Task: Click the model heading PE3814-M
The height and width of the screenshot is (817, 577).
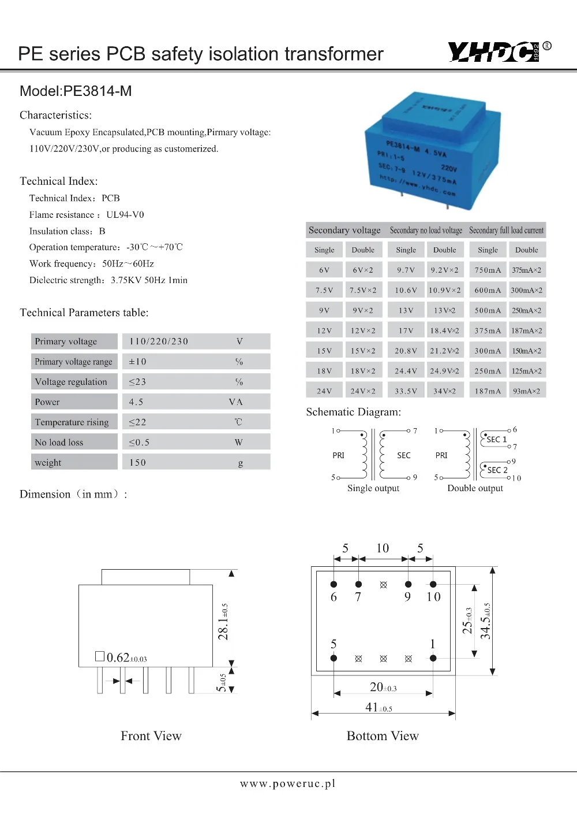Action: coord(76,91)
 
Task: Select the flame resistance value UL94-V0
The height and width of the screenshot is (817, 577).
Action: coord(125,215)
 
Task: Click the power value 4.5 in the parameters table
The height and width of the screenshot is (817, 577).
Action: coord(136,402)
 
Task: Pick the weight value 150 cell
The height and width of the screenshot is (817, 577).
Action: coord(138,463)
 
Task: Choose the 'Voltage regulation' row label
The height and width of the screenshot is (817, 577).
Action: coord(71,382)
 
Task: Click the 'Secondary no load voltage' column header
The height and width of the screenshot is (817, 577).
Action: coord(426,231)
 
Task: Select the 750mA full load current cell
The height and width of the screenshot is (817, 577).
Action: coord(488,270)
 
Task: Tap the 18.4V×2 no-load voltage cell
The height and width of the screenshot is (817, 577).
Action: coord(444,331)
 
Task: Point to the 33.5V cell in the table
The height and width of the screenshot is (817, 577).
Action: coord(406,392)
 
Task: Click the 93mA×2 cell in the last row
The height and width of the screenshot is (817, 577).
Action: coord(526,392)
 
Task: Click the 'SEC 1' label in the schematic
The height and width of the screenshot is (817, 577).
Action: coord(496,440)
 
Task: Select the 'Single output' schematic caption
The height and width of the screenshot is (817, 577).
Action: coord(373,488)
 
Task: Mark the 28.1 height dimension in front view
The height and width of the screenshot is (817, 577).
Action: coord(223,622)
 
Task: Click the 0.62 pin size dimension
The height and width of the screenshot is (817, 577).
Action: coord(121,658)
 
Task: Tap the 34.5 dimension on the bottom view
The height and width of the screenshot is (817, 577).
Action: coord(486,621)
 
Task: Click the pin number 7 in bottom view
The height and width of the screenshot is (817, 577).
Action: coord(358,597)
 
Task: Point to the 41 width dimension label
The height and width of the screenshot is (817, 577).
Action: coord(379,707)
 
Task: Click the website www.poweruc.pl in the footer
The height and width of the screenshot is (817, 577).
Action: coord(288,784)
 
